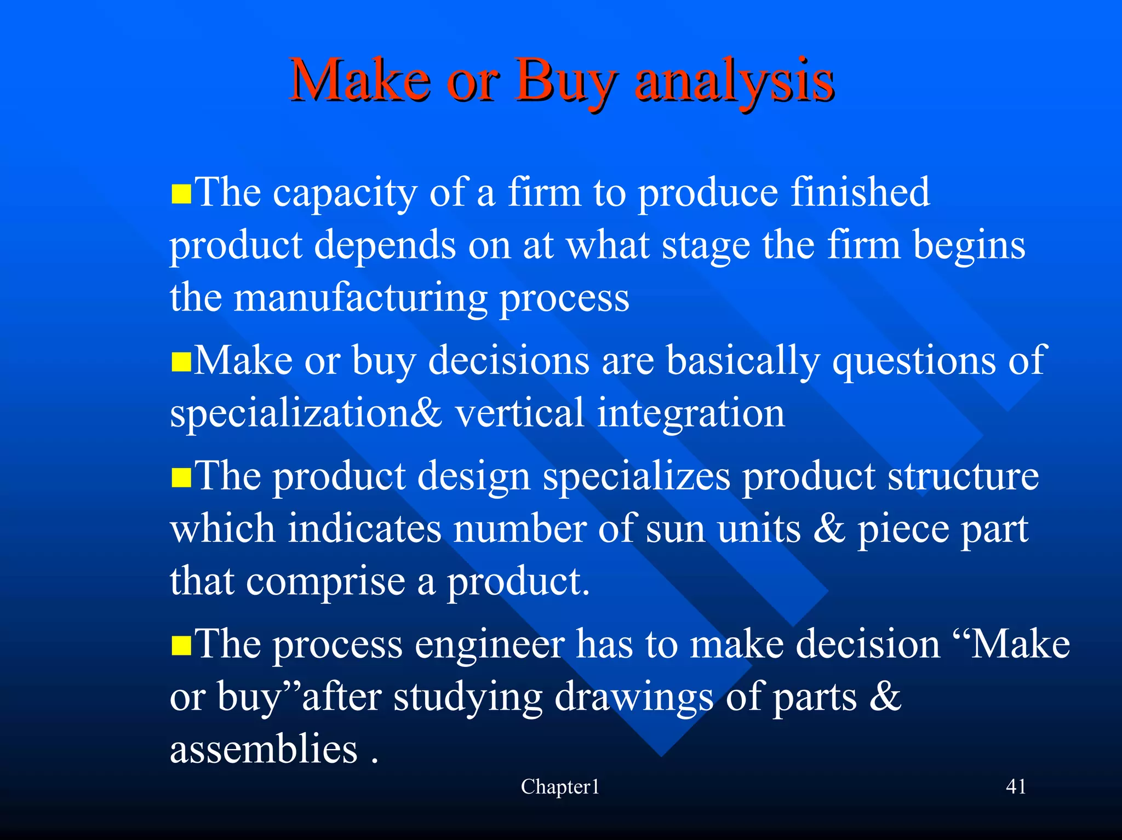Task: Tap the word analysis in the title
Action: pyautogui.click(x=734, y=82)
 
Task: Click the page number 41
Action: pyautogui.click(x=1016, y=786)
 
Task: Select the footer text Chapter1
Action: pyautogui.click(x=560, y=787)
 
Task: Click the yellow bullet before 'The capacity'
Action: pyautogui.click(x=181, y=194)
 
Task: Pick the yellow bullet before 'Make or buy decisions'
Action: pyautogui.click(x=181, y=362)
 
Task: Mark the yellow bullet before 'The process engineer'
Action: pyautogui.click(x=181, y=646)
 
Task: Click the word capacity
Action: pyautogui.click(x=345, y=194)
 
